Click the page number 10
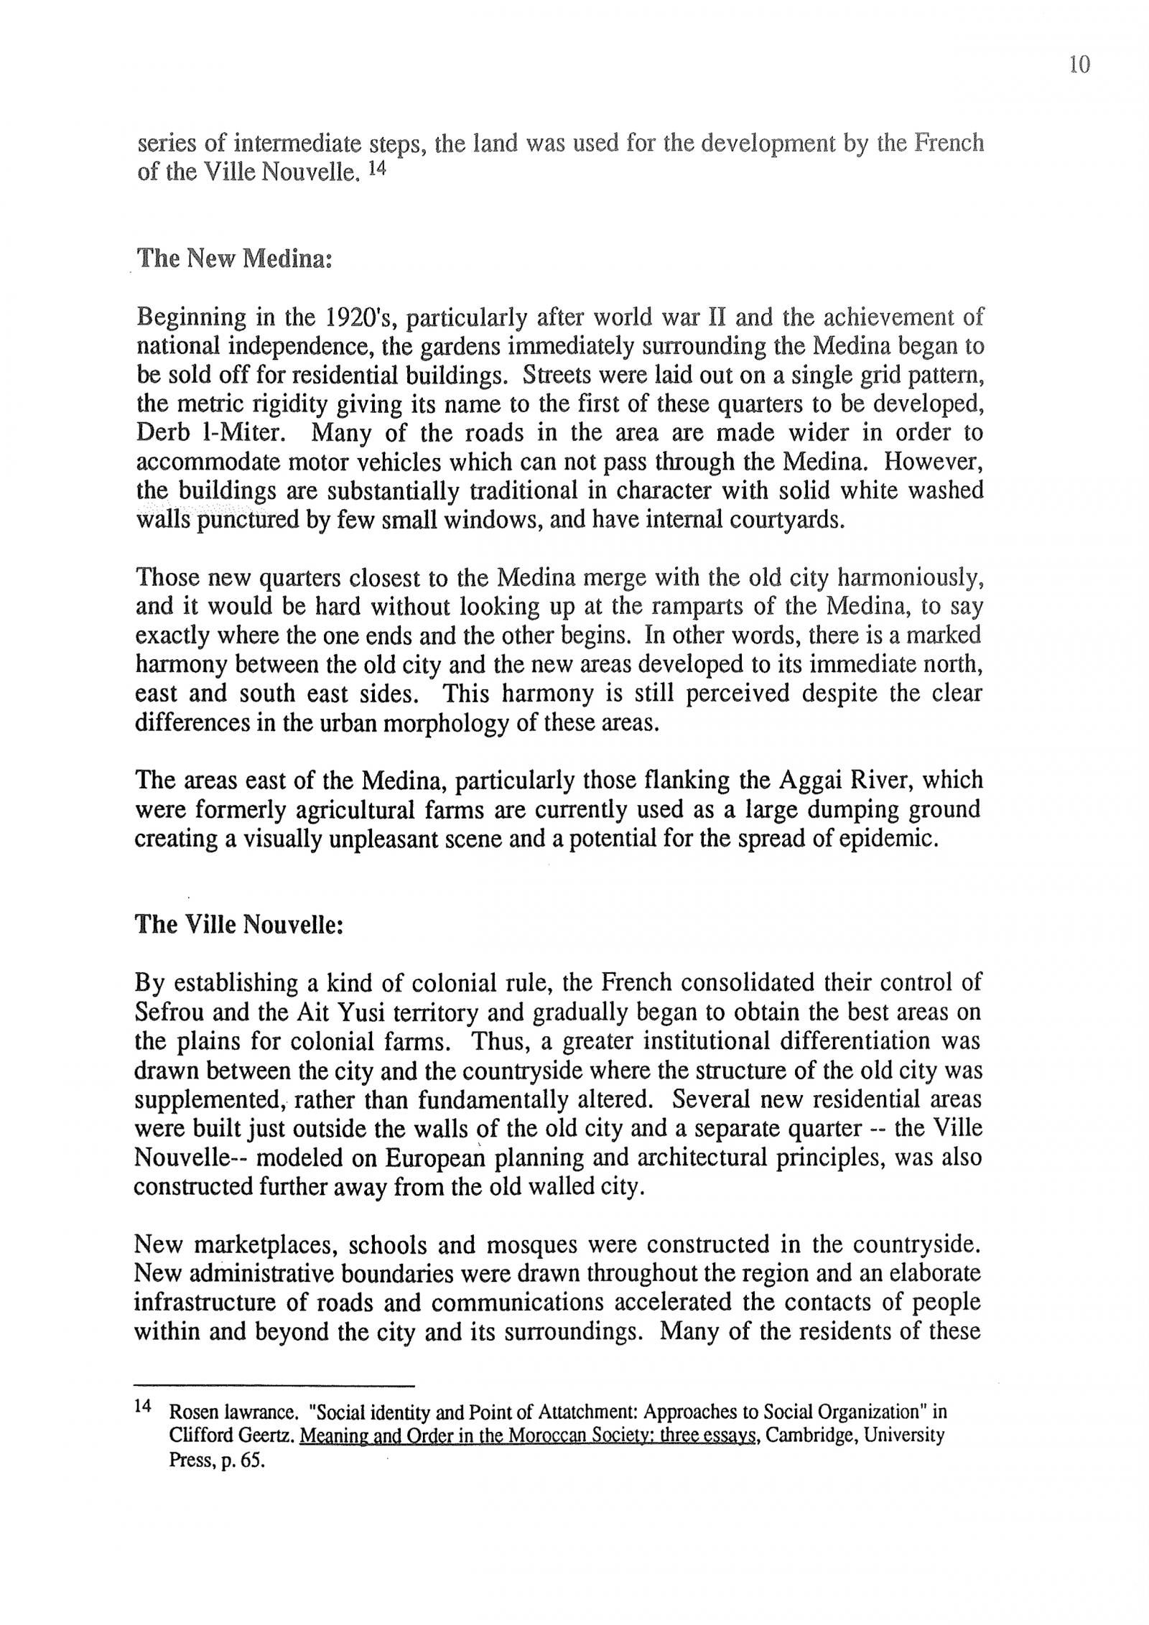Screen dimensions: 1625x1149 coord(1079,65)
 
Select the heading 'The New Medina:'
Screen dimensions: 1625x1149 coord(234,259)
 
